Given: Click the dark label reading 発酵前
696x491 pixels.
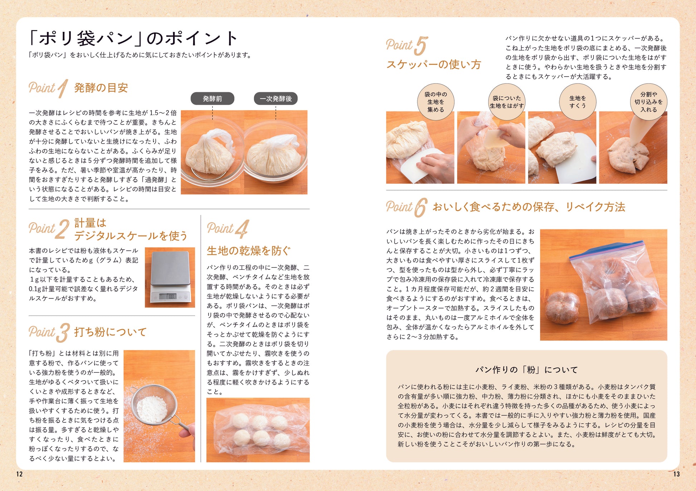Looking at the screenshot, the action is (212, 99).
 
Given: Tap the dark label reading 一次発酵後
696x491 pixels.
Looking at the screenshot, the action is (276, 99).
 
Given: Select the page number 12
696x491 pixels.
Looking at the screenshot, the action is (19, 474).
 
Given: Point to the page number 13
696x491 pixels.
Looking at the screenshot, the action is (676, 474).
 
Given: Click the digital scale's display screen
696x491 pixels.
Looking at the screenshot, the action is (167, 296).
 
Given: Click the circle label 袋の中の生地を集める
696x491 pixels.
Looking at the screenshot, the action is (436, 102).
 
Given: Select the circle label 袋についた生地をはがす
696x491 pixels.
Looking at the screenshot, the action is (507, 102).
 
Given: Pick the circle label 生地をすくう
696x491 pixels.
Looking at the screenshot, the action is (578, 102).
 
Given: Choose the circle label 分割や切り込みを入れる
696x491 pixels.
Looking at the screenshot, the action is (648, 102).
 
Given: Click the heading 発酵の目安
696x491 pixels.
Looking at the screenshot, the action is (101, 88).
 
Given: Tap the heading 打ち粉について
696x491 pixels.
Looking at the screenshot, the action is (110, 332).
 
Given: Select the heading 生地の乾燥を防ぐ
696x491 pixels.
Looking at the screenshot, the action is (249, 251).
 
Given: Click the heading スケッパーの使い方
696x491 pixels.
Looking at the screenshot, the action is (433, 65).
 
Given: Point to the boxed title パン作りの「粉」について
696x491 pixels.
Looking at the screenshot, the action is (526, 370).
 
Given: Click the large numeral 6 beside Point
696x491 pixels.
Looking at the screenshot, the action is (420, 208).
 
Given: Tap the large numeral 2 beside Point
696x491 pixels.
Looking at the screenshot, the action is (62, 229).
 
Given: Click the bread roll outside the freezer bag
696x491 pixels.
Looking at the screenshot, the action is (562, 308).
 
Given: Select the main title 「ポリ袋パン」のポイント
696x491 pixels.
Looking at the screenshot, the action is (133, 38).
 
